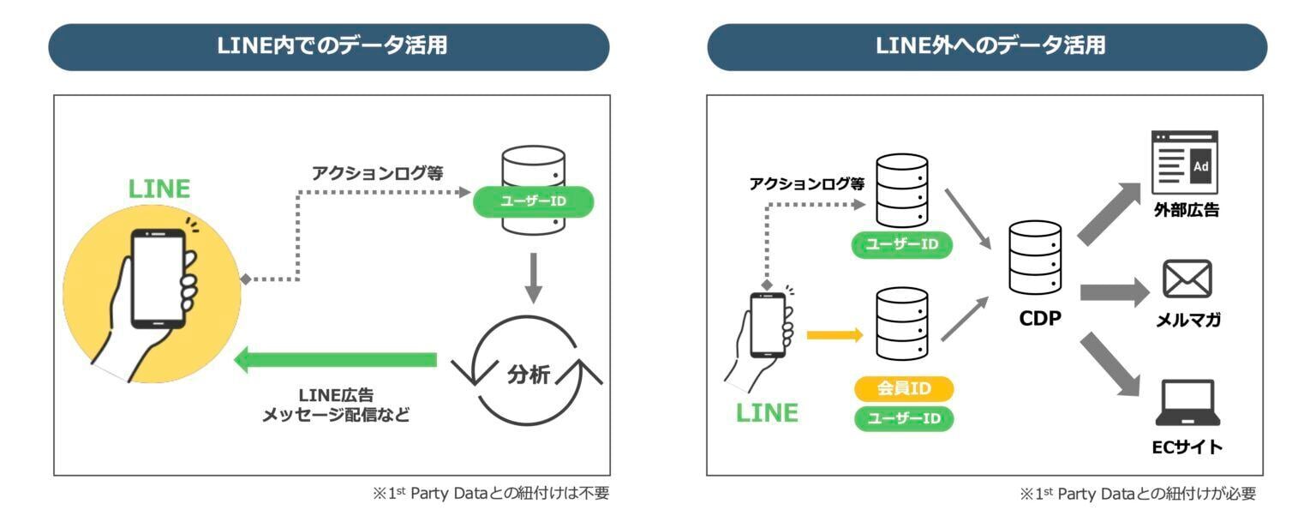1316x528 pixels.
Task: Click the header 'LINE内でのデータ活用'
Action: click(x=329, y=46)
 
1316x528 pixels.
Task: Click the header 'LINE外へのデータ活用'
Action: click(x=986, y=46)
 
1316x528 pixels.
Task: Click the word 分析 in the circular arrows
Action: click(x=528, y=375)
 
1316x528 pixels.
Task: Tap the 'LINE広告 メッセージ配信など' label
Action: click(x=335, y=405)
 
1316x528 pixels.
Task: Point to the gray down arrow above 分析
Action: click(x=534, y=276)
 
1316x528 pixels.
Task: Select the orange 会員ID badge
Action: click(x=903, y=388)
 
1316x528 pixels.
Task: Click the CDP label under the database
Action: click(x=1039, y=318)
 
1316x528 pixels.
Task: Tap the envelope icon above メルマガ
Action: click(x=1187, y=279)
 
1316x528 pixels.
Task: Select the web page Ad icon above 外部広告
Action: click(x=1185, y=163)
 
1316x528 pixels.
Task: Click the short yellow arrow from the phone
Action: click(x=834, y=335)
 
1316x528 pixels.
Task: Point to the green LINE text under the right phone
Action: click(x=767, y=413)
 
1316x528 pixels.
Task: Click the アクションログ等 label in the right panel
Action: click(x=806, y=183)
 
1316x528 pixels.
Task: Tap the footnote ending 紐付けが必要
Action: click(x=1137, y=494)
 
